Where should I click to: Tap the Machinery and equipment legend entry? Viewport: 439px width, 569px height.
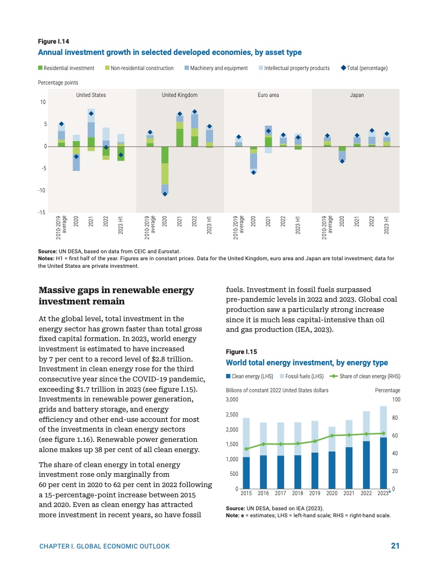pos(215,68)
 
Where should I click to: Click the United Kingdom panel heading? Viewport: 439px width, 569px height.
pos(180,95)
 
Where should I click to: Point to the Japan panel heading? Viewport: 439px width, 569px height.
pos(357,95)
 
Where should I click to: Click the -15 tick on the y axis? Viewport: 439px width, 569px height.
pos(41,212)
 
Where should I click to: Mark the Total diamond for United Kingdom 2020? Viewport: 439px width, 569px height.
pos(165,194)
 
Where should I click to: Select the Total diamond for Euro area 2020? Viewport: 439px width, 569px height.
pos(253,172)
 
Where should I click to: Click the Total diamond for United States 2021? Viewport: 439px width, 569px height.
pos(91,114)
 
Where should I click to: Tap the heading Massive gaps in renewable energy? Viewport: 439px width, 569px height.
pos(116,290)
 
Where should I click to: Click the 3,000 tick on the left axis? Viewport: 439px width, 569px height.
pos(231,399)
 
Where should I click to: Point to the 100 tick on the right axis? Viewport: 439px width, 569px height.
pos(396,399)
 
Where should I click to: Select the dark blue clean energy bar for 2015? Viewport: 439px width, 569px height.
pos(246,473)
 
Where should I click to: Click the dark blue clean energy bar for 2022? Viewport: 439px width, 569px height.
pos(366,464)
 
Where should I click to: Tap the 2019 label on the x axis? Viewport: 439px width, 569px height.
pos(315,493)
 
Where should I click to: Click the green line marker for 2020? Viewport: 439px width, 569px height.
pos(332,435)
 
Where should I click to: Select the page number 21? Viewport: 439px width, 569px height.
pos(395,546)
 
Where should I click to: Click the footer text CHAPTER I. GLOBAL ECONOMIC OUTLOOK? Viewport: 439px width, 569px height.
pos(105,546)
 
